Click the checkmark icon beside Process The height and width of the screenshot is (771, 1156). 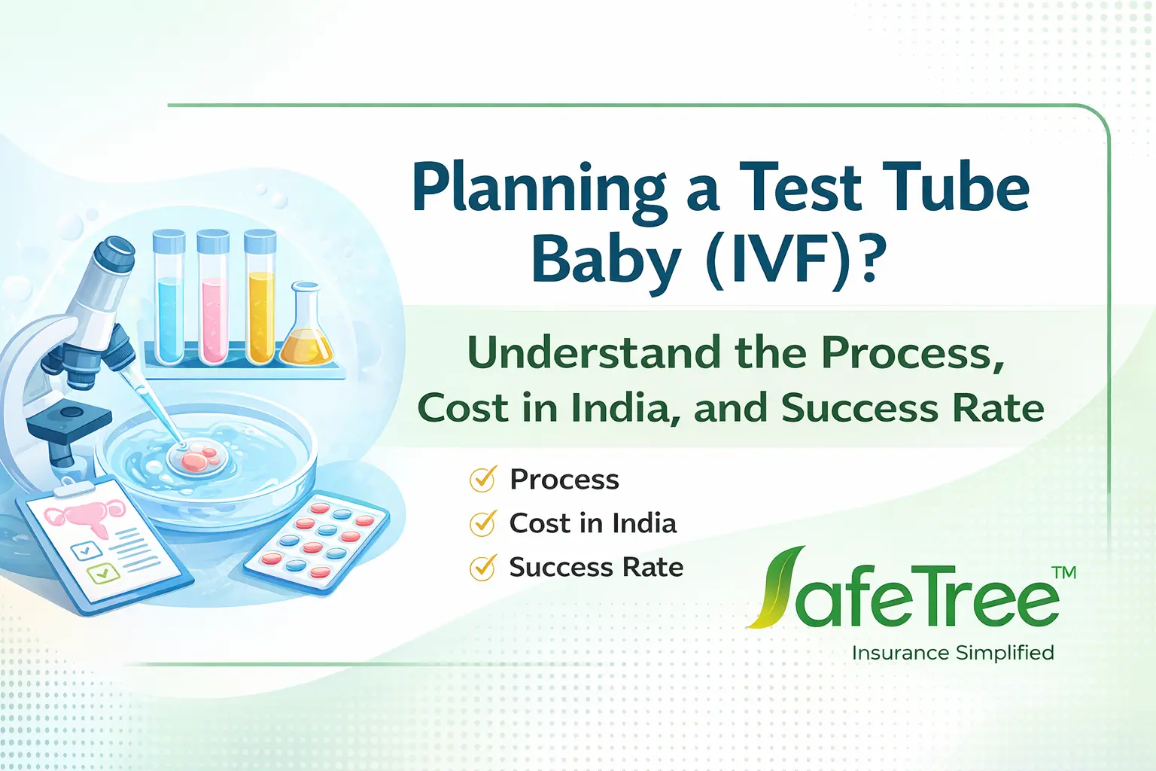pos(482,479)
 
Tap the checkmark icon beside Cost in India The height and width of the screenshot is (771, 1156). pos(482,523)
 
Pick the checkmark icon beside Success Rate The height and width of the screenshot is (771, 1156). pos(482,567)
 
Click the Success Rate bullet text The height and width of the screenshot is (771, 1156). pos(596,567)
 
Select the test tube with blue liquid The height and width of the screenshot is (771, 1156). pos(169,301)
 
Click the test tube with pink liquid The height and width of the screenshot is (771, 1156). pos(213,301)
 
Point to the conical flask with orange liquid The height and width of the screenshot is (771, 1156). pos(306,331)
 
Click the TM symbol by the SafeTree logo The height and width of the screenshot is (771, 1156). pos(1064,573)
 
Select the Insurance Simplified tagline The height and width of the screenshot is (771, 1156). pos(953,653)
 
